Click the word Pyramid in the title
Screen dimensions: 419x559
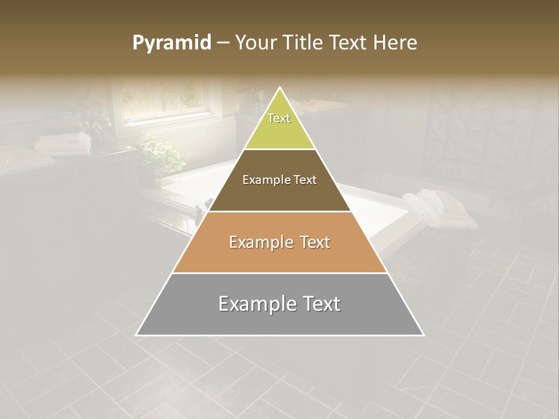pos(172,43)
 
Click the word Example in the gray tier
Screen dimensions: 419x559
pos(256,304)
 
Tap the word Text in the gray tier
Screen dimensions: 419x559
pos(319,304)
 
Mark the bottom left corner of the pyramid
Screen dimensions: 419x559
pos(137,335)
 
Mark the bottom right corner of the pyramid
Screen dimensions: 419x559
pos(423,335)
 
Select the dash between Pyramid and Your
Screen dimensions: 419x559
pos(223,43)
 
